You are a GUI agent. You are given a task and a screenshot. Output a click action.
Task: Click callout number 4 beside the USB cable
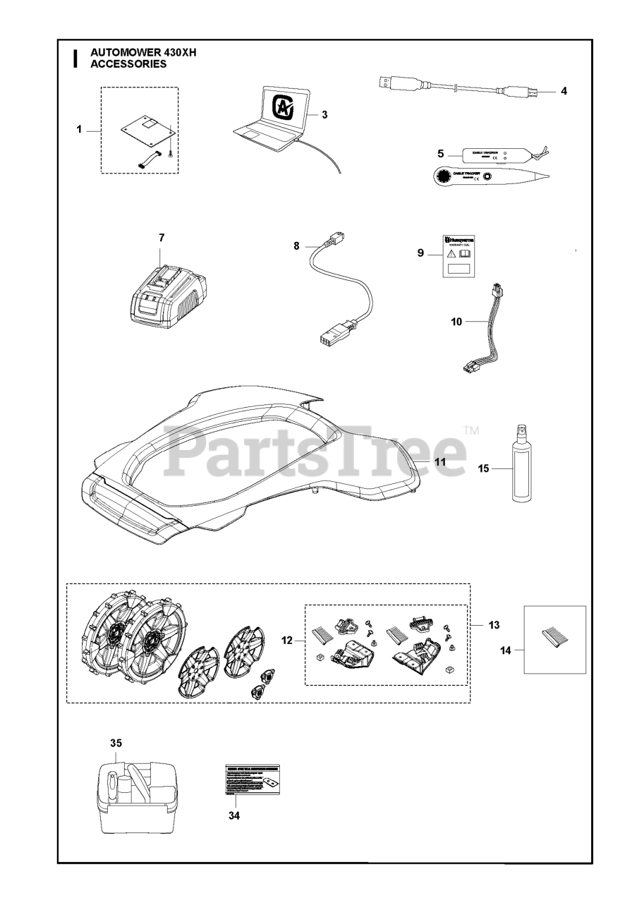tap(564, 91)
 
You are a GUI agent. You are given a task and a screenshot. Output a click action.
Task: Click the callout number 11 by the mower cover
tap(440, 461)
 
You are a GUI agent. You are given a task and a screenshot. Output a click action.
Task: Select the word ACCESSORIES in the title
tap(129, 63)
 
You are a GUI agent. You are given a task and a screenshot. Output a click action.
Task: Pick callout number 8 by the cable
tap(296, 246)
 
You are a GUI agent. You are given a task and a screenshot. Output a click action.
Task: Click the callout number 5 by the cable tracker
tap(441, 153)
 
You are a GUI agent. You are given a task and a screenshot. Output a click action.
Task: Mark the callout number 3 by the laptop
tap(324, 114)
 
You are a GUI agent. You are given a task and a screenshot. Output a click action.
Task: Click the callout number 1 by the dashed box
tap(80, 129)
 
